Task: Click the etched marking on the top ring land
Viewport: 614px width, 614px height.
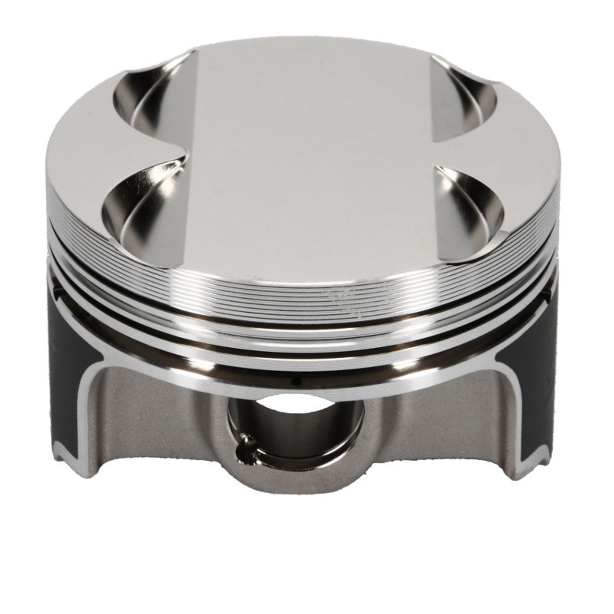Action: pos(345,297)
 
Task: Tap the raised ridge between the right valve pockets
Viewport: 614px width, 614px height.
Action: pos(456,153)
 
